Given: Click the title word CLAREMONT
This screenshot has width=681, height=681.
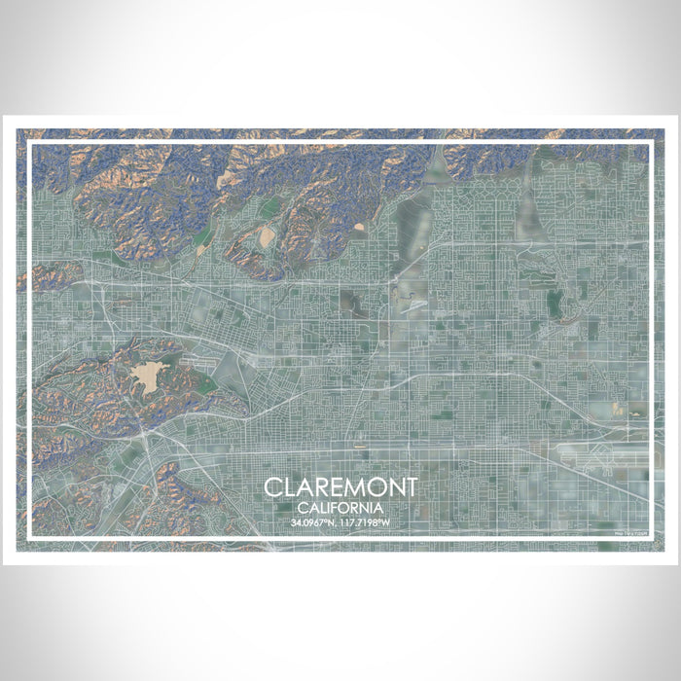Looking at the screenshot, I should click(340, 486).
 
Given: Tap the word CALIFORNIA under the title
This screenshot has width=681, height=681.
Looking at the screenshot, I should click(340, 508).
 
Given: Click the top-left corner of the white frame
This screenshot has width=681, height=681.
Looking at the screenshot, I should click(29, 143).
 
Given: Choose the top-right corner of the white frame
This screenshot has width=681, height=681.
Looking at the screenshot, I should click(650, 143).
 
